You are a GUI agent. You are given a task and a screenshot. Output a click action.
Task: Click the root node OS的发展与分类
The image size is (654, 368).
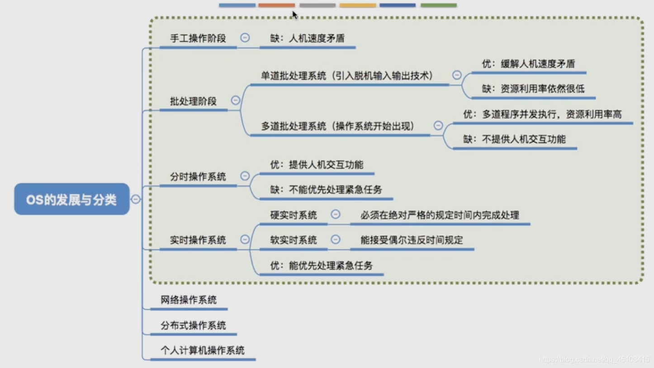71,199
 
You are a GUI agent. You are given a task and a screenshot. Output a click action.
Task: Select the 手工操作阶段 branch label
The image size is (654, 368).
198,38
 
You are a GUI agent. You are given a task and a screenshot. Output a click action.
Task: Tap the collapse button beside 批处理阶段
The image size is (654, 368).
236,100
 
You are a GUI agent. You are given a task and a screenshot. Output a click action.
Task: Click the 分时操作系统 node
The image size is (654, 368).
198,177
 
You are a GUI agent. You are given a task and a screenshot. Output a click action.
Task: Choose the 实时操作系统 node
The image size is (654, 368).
198,240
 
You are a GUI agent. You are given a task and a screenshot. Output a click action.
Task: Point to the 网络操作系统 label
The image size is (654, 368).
189,300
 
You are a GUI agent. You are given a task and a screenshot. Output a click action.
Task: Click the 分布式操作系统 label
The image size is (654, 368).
193,326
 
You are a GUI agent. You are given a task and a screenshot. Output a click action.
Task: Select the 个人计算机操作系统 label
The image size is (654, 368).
202,350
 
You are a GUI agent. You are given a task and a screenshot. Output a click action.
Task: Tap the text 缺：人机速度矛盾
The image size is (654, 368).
308,38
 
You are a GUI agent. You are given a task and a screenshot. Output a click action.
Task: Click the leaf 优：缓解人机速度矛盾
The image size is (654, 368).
528,64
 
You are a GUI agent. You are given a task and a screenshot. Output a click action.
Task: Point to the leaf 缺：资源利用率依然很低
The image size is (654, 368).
533,89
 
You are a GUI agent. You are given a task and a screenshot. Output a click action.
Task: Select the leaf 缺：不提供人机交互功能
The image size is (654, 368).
514,139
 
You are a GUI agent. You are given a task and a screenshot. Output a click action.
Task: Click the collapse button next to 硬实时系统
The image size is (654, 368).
335,215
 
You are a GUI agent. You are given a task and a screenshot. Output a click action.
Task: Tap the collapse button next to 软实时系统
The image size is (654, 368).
335,240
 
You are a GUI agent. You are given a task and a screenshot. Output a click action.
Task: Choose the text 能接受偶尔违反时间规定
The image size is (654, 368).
412,240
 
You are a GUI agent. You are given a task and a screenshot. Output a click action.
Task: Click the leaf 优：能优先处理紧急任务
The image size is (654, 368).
321,265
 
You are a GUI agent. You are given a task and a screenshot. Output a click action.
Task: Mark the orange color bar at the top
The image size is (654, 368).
276,5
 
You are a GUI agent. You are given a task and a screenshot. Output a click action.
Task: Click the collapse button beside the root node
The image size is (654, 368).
136,199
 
